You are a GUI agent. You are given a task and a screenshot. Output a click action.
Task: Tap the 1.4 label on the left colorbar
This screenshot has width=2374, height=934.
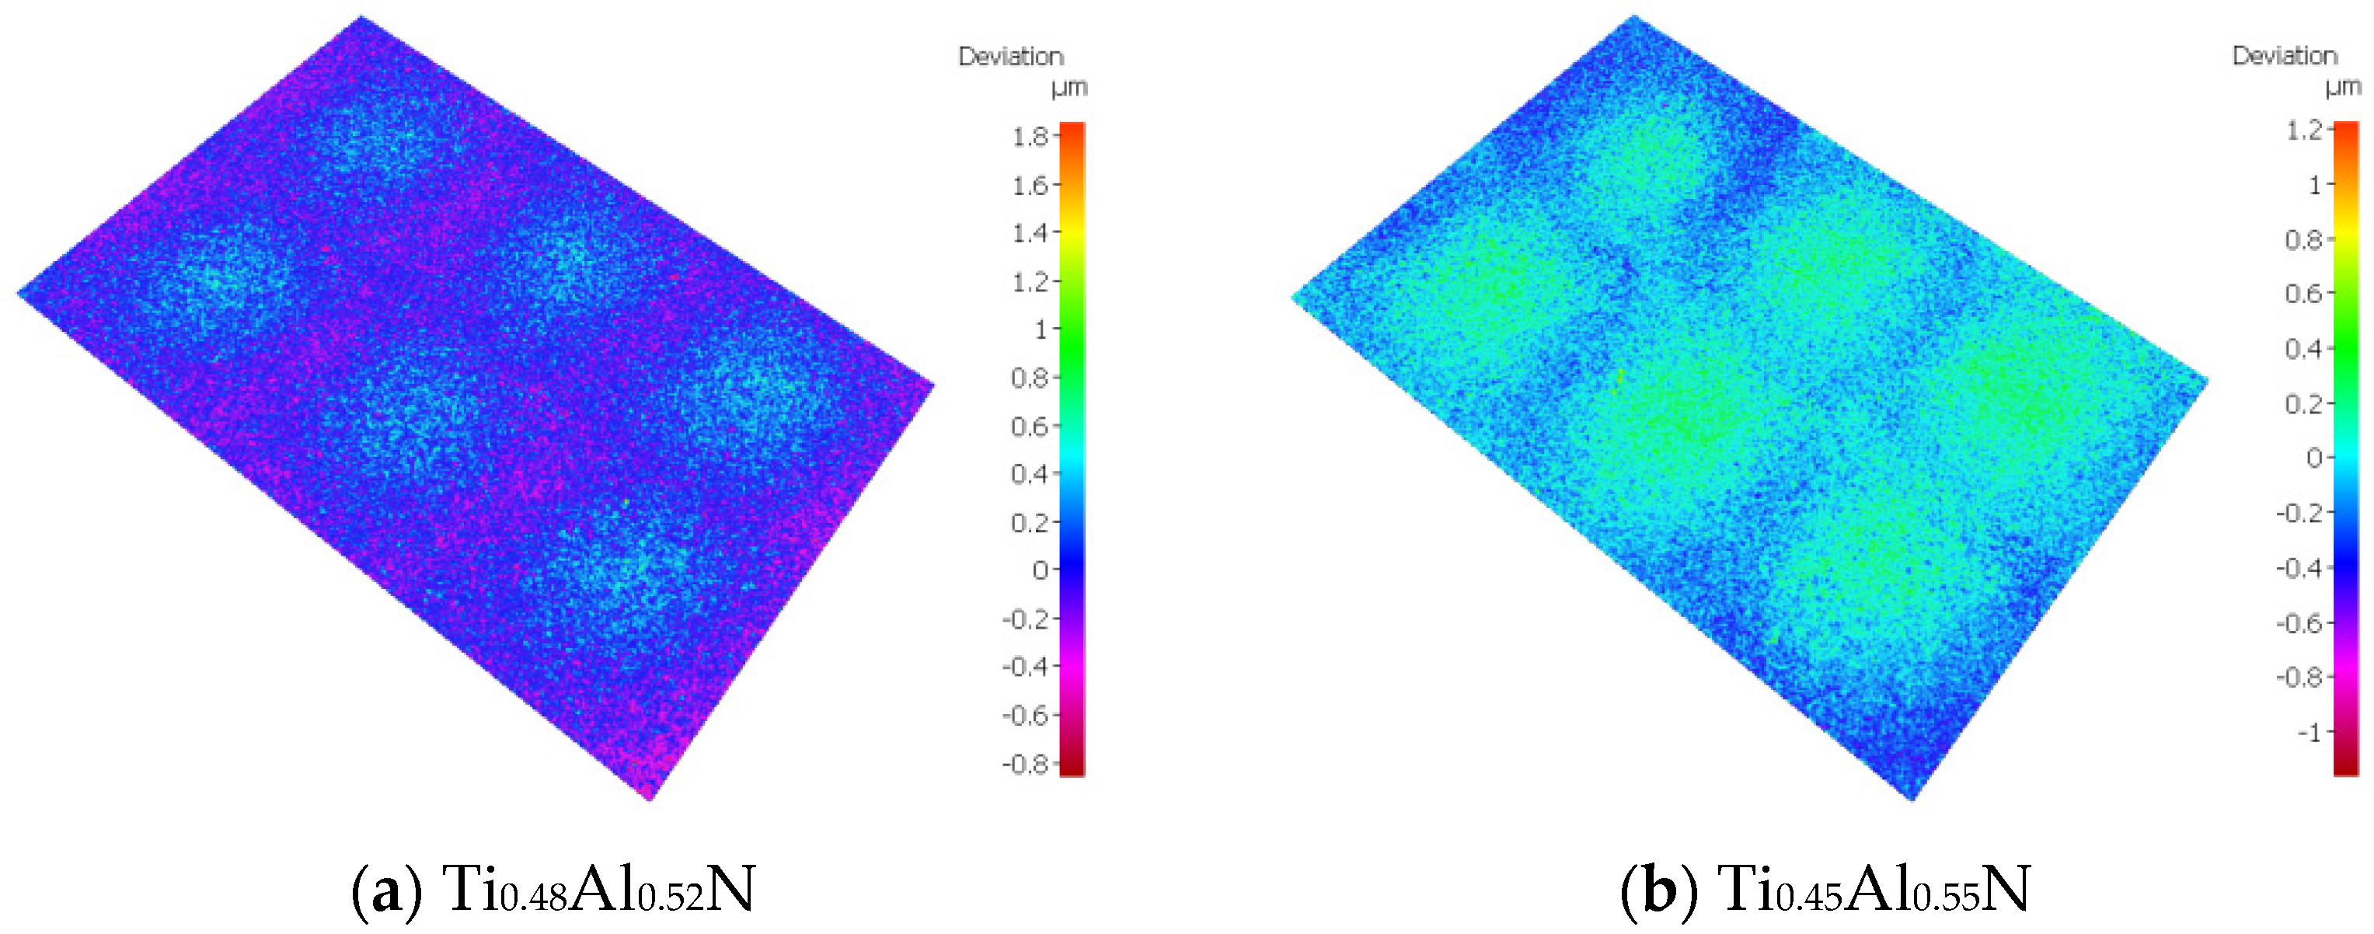pos(1030,233)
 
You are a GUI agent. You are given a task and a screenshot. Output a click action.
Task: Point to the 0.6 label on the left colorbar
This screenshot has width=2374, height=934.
pos(1030,426)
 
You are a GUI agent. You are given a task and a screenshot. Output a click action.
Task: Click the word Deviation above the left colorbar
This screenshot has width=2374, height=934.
pos(1011,57)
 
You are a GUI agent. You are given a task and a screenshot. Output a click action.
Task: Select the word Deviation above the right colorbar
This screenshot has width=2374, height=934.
pos(2285,56)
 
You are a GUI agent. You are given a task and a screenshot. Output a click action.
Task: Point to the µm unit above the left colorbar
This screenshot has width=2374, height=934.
pos(1069,89)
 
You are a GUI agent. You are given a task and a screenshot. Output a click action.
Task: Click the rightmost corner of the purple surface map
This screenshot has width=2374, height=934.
pos(933,386)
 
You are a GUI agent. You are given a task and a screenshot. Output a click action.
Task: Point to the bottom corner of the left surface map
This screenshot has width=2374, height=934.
pos(650,799)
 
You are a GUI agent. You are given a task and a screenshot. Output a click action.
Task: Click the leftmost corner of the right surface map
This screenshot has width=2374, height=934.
pos(1293,296)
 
